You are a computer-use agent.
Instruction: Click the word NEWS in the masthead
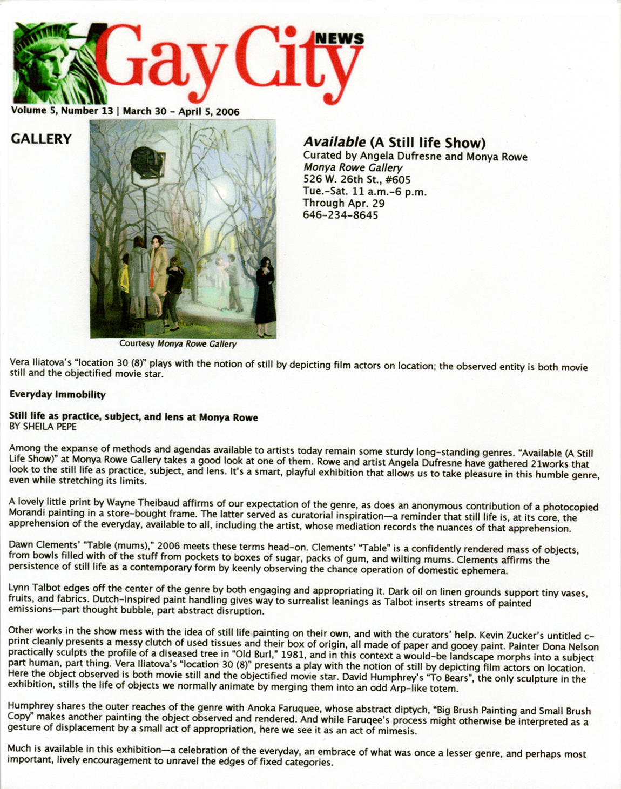point(339,38)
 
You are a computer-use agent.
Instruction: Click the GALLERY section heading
point(41,139)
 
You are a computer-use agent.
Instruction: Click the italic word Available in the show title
point(334,143)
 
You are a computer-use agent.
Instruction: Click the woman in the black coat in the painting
point(265,296)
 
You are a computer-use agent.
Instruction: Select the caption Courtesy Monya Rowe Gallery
point(178,343)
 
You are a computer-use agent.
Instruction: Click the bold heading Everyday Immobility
point(57,395)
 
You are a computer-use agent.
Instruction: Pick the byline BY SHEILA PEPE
point(43,427)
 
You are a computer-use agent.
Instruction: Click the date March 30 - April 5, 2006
point(181,112)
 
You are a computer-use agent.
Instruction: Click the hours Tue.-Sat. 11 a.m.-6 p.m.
point(364,192)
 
